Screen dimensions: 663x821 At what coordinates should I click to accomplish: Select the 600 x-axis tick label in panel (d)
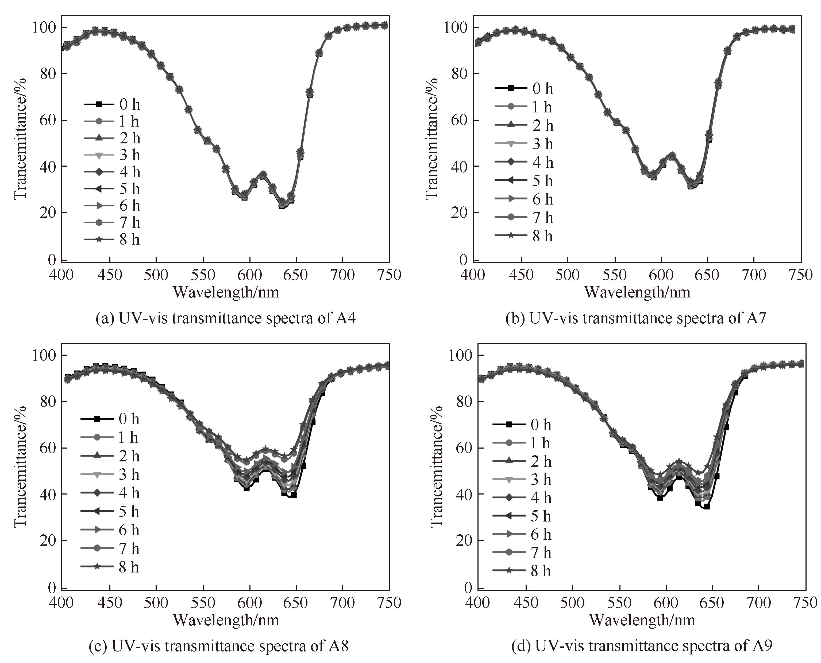click(666, 602)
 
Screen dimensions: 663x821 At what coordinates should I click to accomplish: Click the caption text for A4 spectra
click(226, 318)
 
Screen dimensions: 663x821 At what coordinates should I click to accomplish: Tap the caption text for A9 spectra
click(641, 646)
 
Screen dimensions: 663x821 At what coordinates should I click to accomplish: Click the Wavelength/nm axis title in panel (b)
click(637, 292)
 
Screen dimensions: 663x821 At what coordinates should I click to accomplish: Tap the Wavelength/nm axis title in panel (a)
click(226, 292)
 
